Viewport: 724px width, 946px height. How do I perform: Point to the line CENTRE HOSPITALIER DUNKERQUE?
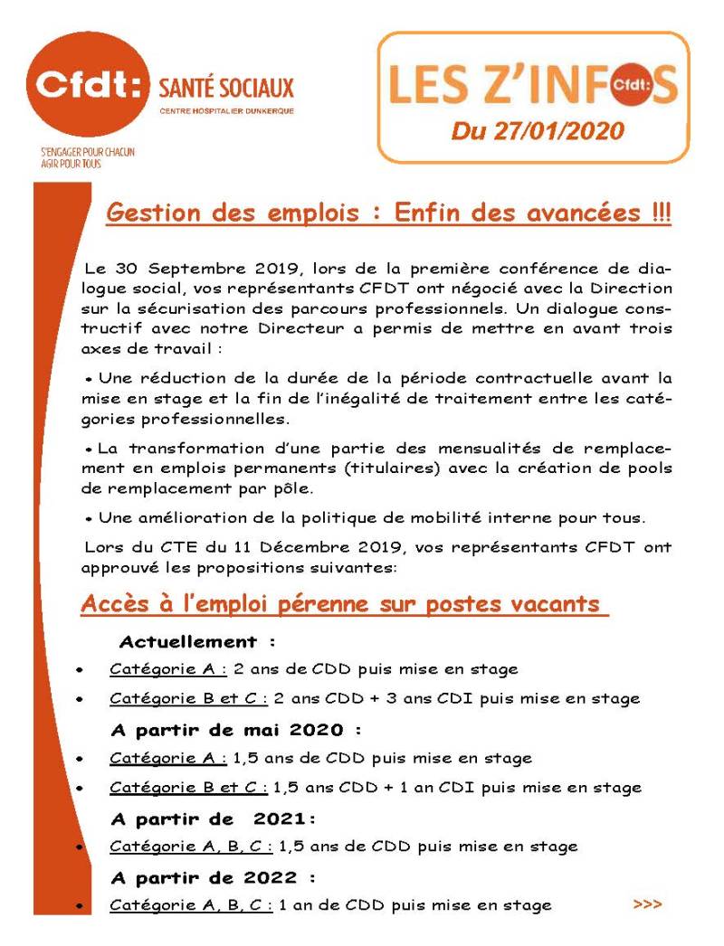pos(226,111)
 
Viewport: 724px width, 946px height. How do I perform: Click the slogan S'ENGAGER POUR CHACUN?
pos(81,152)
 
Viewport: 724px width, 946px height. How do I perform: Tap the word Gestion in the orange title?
pos(151,214)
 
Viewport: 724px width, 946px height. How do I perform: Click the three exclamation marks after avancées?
pos(660,214)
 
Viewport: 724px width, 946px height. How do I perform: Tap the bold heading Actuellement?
pos(188,642)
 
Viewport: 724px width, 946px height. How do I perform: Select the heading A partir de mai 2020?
pos(235,729)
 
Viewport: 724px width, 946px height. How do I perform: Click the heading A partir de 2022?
pos(213,877)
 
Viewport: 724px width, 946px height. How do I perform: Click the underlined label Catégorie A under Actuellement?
pos(168,669)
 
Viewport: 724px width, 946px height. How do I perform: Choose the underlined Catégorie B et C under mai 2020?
pos(188,787)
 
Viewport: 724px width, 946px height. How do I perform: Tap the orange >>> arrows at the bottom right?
pos(647,903)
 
